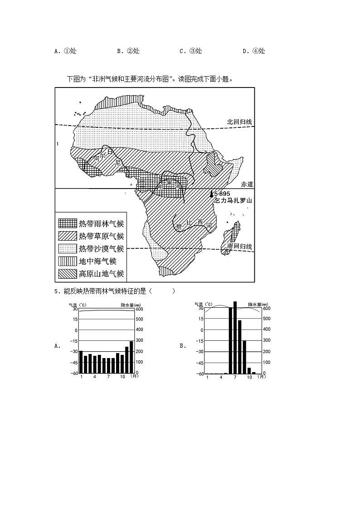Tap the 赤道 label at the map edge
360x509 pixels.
247,184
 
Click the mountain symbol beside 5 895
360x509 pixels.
211,194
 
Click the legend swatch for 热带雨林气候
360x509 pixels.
67,223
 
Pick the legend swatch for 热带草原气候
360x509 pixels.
67,236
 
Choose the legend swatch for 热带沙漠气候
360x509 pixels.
67,249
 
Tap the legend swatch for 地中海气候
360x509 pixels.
67,261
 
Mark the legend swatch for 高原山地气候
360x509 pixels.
67,274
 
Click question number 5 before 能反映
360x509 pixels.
56,291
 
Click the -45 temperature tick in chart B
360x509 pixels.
200,363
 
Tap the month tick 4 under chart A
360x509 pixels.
95,377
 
